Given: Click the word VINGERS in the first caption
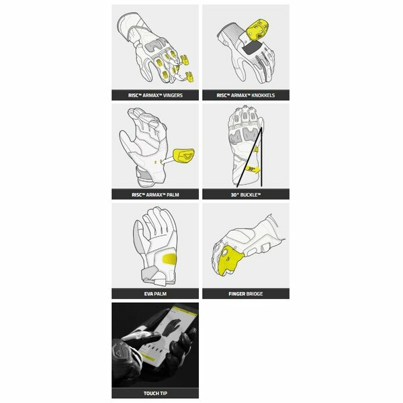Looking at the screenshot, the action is tap(173, 95).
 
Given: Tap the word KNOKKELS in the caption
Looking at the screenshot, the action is tap(263, 95).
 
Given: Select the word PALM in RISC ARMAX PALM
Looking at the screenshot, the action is tap(173, 195).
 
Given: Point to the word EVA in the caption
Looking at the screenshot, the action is tap(148, 294).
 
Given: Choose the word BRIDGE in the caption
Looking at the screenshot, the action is tap(255, 294).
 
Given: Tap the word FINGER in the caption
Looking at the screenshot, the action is tap(236, 294).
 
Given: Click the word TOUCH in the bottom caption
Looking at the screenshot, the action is tap(150, 393).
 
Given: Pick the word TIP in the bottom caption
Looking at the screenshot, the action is tap(163, 393).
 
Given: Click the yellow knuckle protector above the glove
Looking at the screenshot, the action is tap(257, 30).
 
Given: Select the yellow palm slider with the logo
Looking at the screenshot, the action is tap(183, 156).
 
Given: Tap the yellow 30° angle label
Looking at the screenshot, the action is tap(252, 169).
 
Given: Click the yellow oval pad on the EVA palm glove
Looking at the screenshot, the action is tap(169, 259).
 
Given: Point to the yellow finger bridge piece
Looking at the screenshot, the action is tap(230, 260).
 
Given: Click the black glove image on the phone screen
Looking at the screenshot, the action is tap(172, 326).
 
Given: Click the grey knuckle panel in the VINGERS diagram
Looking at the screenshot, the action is tap(154, 45).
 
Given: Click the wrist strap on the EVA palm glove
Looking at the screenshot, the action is tap(153, 276).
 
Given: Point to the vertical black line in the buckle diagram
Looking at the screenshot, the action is tap(261, 156).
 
